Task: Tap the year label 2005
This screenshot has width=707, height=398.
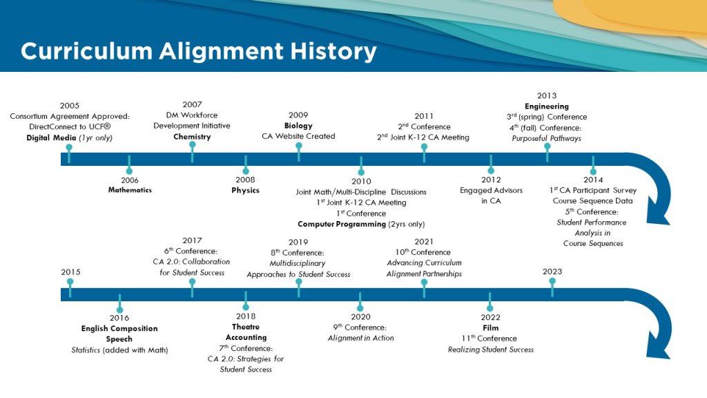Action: [70, 106]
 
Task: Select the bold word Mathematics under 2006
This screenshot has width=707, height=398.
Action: [130, 190]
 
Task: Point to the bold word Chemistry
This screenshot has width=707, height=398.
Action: [192, 136]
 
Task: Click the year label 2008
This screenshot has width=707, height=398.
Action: [245, 180]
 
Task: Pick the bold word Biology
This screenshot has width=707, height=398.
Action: [298, 126]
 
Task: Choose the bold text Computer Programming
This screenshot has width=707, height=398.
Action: [342, 224]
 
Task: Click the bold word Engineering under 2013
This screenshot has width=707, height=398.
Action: [547, 106]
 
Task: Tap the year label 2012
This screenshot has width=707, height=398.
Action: [491, 180]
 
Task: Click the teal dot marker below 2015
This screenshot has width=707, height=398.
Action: [70, 282]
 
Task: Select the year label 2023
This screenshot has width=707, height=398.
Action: [552, 271]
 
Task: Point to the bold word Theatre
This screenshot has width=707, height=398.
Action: [246, 327]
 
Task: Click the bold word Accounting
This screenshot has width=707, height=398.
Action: [246, 337]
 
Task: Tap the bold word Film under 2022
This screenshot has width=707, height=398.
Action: [491, 328]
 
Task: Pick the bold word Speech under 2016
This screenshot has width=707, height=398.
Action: [119, 339]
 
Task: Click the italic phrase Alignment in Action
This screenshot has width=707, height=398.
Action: [360, 338]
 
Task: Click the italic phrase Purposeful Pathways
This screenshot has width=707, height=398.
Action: [547, 138]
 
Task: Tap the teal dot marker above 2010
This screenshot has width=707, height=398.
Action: [361, 172]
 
